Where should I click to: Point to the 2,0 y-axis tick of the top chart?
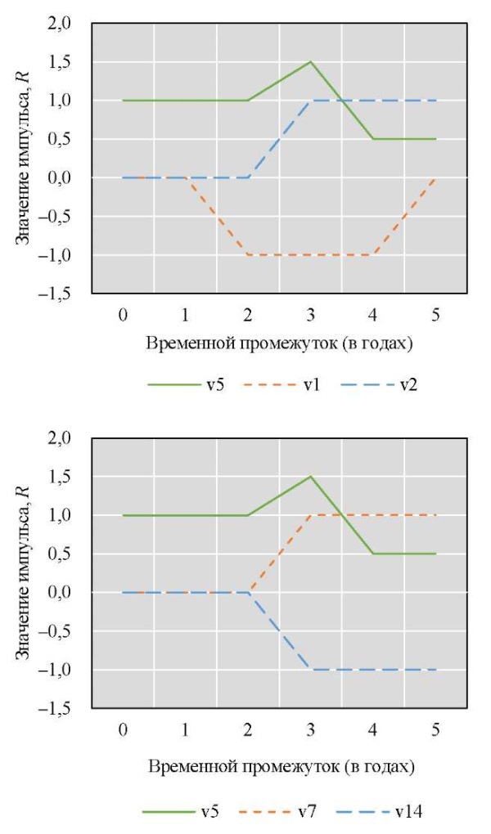tap(61, 24)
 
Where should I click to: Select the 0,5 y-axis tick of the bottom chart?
tap(61, 554)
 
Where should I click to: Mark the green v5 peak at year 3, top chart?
tap(311, 62)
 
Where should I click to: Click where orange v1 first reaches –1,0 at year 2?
tap(248, 255)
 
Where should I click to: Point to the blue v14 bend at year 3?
tap(311, 670)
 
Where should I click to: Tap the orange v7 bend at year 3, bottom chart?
tap(311, 515)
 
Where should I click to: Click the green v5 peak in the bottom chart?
tap(311, 476)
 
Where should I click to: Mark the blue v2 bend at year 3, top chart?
tap(311, 101)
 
